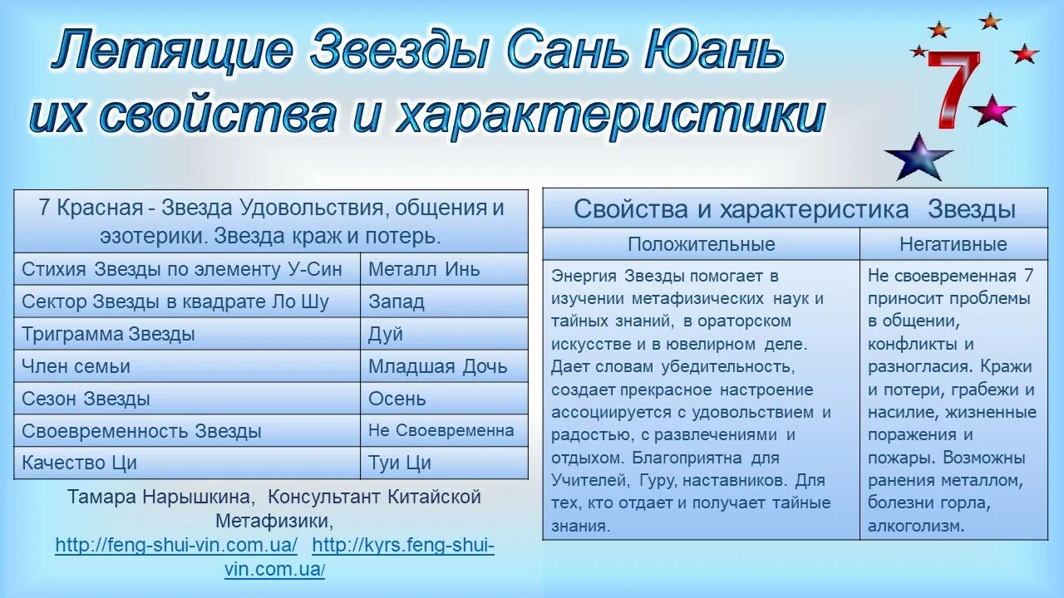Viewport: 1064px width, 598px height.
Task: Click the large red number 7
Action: coord(953,90)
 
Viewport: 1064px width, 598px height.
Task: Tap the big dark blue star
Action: coord(918,157)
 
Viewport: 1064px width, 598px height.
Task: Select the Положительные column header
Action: coord(701,244)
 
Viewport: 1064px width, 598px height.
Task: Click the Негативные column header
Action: coord(953,244)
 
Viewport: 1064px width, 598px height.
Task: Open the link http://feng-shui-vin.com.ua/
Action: coord(176,546)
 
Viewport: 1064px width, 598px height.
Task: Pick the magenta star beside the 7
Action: coord(992,110)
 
